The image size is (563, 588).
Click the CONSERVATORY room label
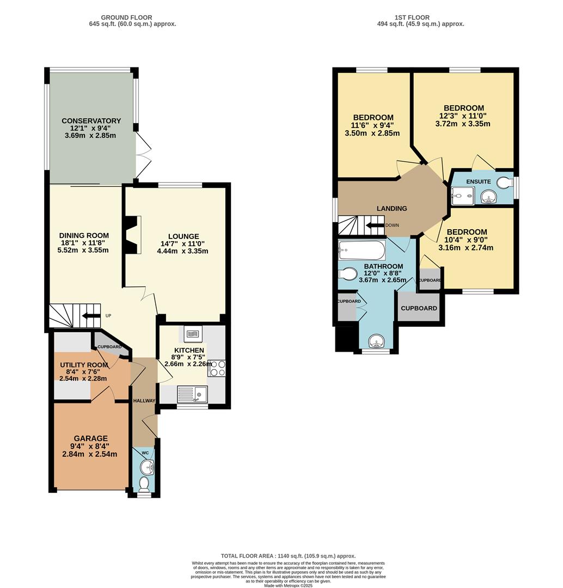(91, 121)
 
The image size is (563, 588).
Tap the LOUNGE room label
(183, 236)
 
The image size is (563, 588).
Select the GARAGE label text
(90, 438)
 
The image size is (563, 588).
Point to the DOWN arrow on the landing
(375, 225)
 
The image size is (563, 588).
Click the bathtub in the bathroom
(362, 250)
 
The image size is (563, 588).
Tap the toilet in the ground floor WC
(145, 483)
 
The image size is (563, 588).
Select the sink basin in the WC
(146, 467)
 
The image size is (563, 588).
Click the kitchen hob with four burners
(216, 368)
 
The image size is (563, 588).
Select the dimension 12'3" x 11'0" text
(463, 116)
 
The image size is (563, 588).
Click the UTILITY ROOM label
(83, 365)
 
